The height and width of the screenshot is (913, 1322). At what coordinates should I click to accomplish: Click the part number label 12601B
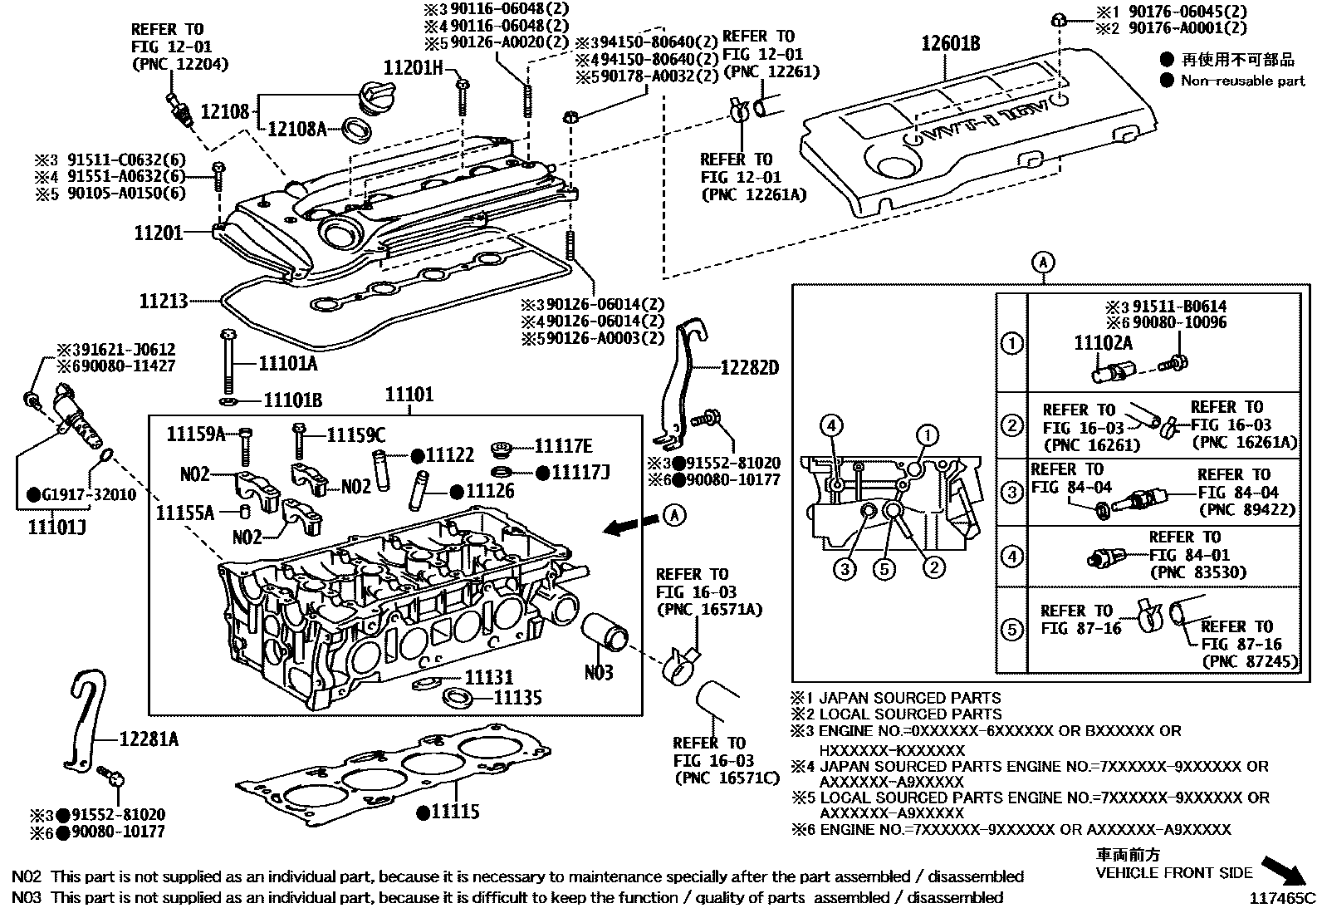tap(950, 43)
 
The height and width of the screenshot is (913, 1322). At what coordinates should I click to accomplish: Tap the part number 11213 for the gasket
tap(164, 301)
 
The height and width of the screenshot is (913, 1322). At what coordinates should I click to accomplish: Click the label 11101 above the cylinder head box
tap(409, 394)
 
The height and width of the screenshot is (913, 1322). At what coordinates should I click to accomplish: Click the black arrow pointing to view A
tap(628, 525)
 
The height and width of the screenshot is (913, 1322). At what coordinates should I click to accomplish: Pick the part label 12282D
tap(749, 367)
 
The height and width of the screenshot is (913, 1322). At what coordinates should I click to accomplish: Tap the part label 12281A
tap(149, 738)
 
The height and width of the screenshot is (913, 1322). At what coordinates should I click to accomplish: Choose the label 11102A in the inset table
tap(1104, 342)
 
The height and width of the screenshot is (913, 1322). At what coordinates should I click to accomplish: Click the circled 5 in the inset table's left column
tap(1011, 630)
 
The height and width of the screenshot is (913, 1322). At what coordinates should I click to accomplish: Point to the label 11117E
tap(563, 446)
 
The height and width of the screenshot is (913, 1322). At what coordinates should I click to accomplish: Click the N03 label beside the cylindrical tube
tap(598, 671)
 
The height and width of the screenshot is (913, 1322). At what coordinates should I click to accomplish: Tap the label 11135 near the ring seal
tap(517, 697)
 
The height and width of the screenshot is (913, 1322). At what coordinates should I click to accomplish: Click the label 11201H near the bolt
tap(414, 67)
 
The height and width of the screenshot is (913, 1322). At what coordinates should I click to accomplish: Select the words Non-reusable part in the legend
tap(1243, 81)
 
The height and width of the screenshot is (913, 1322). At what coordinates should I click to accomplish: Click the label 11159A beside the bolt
tap(196, 434)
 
